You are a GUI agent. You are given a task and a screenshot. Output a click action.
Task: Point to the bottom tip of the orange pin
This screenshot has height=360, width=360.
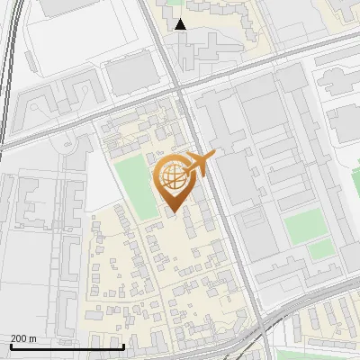click(x=173, y=213)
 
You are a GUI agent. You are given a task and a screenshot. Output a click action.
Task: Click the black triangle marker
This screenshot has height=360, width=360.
click(x=180, y=24)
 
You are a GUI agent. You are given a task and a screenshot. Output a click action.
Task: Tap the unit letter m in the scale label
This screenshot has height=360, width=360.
click(x=33, y=338)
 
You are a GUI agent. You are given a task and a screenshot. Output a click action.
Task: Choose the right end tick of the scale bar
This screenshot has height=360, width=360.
click(x=122, y=346)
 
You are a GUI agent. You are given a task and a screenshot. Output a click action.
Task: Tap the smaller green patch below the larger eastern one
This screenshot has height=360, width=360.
click(x=319, y=250)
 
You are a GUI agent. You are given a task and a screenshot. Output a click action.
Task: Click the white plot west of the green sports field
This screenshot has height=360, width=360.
click(x=103, y=171)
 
